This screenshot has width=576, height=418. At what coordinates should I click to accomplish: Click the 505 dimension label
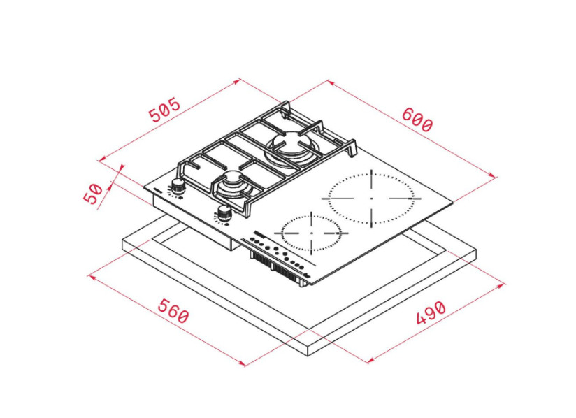click(165, 110)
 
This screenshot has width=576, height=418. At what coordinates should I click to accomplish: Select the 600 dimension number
click(417, 120)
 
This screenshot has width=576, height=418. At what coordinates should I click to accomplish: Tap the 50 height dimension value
click(93, 194)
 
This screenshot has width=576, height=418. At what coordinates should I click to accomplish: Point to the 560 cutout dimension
click(173, 311)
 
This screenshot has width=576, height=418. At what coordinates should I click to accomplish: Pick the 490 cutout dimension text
click(431, 312)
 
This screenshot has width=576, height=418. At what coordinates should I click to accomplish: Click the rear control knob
click(178, 186)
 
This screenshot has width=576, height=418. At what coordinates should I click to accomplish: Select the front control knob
click(224, 212)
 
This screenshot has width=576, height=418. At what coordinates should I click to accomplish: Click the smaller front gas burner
click(234, 185)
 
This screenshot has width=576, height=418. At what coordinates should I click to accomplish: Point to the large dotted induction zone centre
click(371, 199)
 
